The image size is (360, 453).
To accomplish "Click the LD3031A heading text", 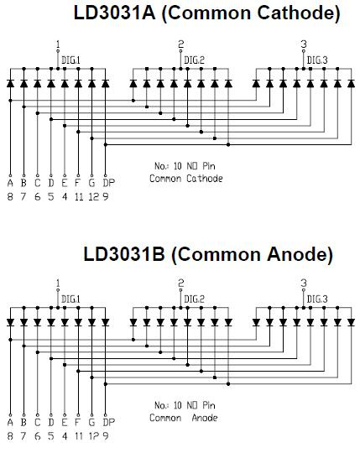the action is [x=114, y=13].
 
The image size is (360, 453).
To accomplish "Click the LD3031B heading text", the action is [x=124, y=254].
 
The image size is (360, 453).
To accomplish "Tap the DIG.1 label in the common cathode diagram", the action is [x=70, y=60].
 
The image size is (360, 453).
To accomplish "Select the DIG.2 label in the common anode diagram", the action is [x=194, y=299].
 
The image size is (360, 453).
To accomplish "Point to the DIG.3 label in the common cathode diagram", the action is [x=317, y=60].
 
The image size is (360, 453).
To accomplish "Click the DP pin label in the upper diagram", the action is [x=108, y=183].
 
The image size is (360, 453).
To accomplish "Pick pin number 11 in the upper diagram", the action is [x=79, y=197].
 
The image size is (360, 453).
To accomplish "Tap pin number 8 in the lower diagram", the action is [x=10, y=436].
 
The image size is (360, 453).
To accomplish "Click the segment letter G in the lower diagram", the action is [x=91, y=422].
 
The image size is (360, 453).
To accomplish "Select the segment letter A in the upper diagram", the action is [x=10, y=183].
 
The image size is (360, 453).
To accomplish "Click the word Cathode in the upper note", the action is [x=205, y=178].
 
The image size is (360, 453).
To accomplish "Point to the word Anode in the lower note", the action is [x=205, y=418].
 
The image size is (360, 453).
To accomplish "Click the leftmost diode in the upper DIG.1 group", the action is [x=10, y=84].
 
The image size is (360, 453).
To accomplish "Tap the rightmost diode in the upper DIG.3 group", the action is [x=352, y=84].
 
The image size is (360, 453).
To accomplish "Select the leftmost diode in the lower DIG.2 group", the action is [x=133, y=322].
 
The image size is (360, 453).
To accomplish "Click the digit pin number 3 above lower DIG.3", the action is [x=304, y=283].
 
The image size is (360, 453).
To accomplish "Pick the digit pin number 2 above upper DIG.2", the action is [x=181, y=44].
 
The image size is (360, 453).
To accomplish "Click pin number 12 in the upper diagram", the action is [x=94, y=197].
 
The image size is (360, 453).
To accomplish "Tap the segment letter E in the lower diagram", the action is [x=65, y=422].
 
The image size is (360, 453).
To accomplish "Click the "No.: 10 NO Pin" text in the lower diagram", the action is [x=185, y=405].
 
